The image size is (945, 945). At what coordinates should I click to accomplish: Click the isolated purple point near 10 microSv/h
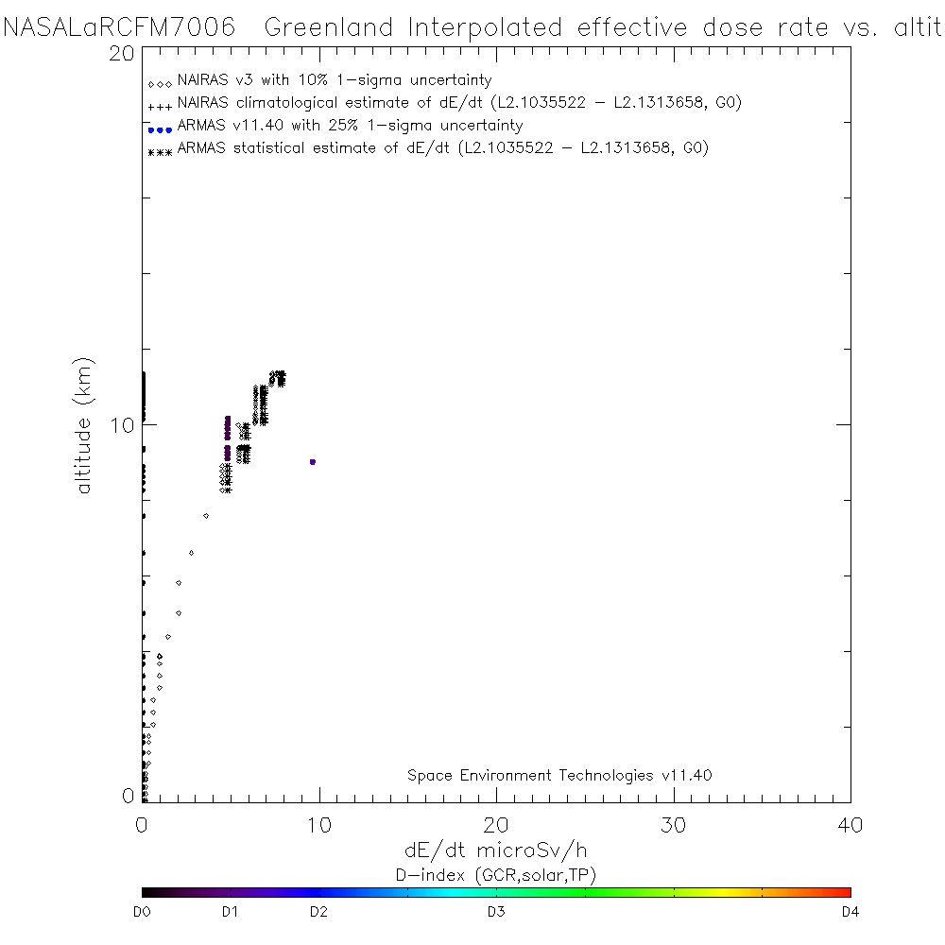point(312,461)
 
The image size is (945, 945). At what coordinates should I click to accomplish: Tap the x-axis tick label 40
point(850,825)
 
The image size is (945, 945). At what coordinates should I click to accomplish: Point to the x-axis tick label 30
point(673,825)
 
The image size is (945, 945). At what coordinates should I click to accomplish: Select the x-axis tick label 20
point(496,825)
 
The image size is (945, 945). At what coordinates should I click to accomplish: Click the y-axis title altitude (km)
point(86,425)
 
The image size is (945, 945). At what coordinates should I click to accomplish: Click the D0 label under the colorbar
point(143,912)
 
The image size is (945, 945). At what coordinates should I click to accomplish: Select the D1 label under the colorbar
point(230,912)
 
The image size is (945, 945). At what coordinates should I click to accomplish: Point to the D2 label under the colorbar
point(318,912)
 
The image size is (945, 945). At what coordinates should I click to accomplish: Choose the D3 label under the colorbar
point(495,912)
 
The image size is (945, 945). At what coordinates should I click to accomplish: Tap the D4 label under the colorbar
point(849,912)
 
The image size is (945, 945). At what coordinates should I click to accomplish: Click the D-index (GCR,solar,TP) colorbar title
point(495,874)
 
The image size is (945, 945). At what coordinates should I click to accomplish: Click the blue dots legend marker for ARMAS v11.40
point(160,129)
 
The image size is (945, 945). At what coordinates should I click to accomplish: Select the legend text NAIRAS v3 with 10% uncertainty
point(335,80)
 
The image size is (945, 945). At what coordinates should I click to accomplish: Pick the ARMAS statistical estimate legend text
point(442,148)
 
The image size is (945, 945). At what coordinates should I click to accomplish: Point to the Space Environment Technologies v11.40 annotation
point(559,775)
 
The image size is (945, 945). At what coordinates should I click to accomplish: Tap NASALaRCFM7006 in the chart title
point(120,27)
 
